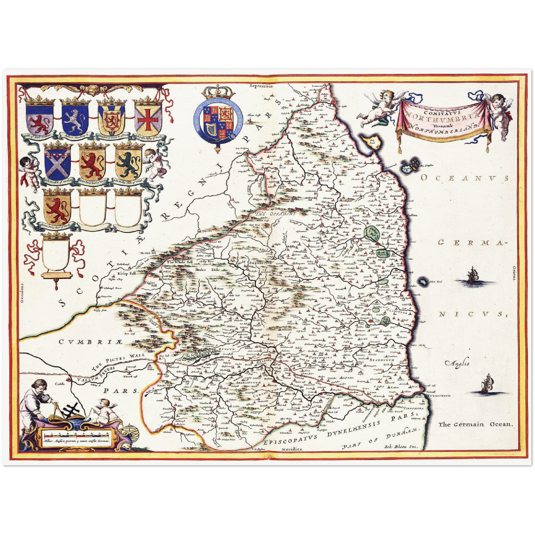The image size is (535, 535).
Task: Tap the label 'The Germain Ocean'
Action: point(476,424)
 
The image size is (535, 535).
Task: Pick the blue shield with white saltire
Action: point(58,163)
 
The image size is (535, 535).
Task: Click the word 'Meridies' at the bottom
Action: point(291,449)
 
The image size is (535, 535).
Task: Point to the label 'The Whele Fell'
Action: point(181,262)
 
